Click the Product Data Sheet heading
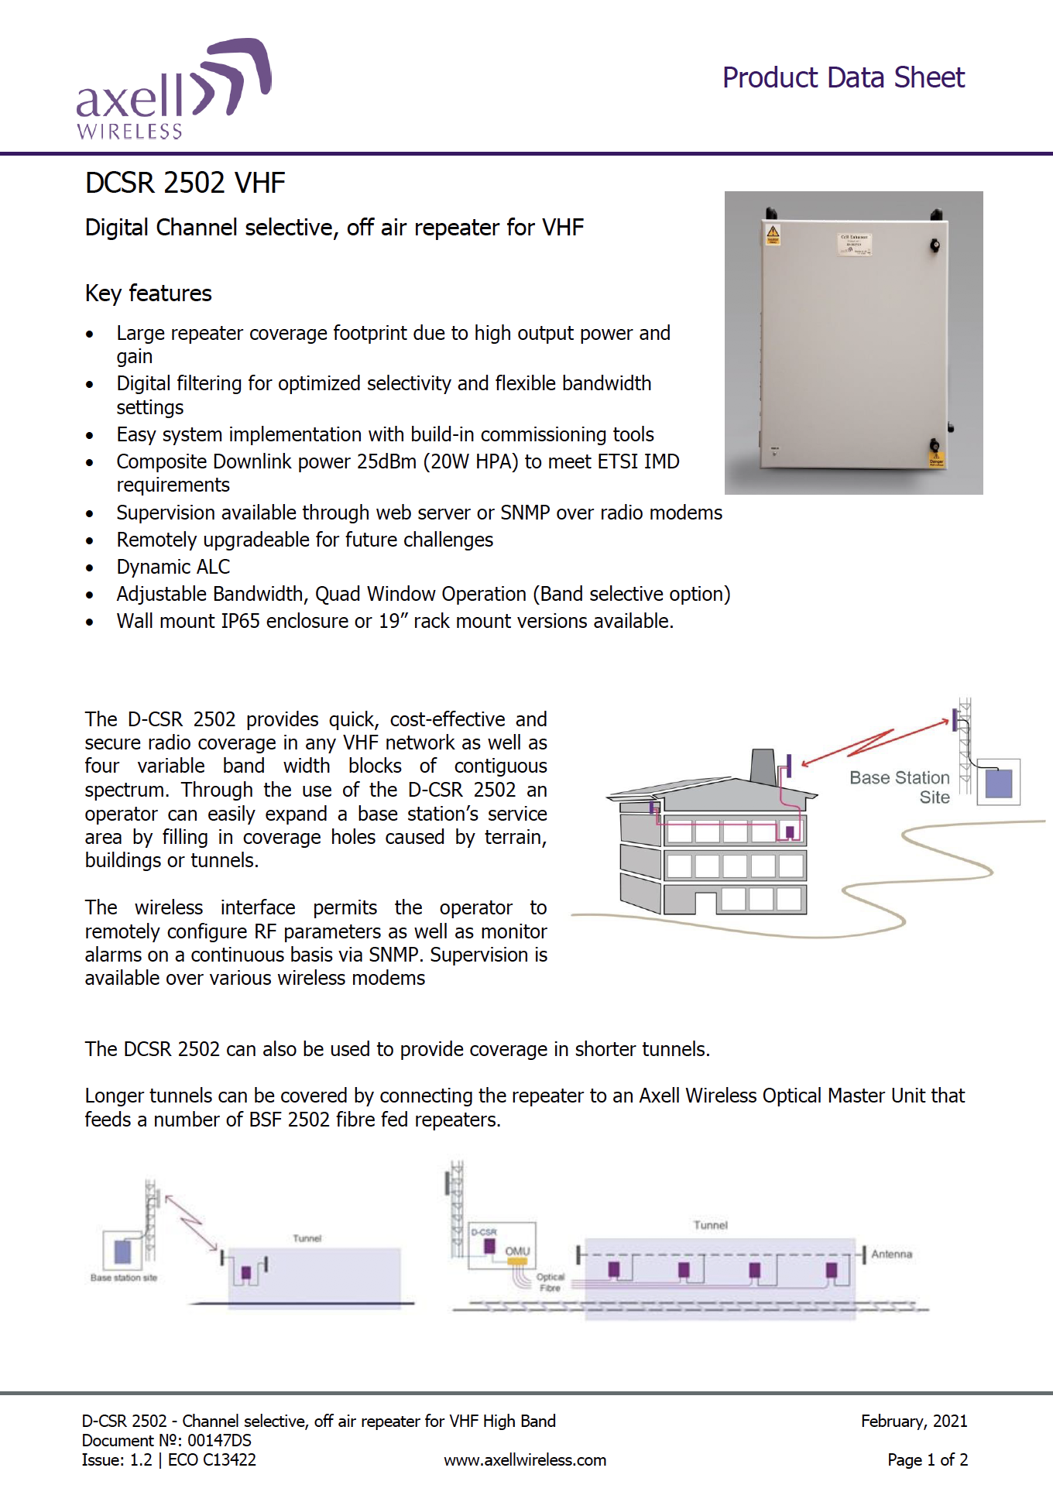pos(843,77)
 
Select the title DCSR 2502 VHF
pos(185,183)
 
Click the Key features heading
pos(148,293)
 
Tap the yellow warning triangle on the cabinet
pos(772,232)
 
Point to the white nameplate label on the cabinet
pos(855,245)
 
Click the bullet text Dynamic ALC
pos(173,567)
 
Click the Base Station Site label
pos(900,787)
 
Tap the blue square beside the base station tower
pos(998,783)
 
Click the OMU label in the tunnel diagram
pos(517,1250)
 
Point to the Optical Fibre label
pos(551,1282)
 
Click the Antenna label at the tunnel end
pos(891,1254)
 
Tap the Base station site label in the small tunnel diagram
pos(124,1278)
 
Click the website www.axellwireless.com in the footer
pos(524,1460)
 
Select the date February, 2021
pos(914,1421)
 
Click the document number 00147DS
pos(219,1440)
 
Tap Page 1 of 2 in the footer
pos(927,1460)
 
